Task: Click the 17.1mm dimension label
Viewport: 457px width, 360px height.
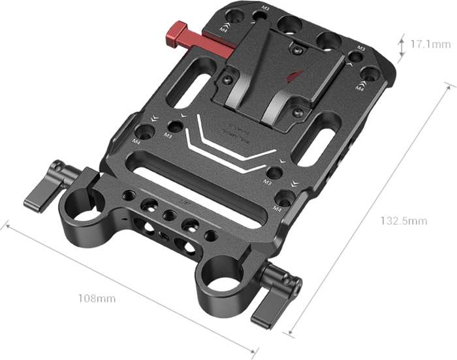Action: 431,45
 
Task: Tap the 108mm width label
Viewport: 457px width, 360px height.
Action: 97,299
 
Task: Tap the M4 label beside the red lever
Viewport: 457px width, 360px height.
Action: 224,29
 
